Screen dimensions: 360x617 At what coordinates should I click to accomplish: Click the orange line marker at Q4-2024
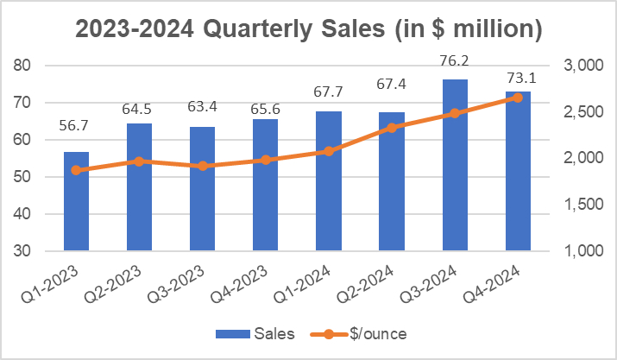(x=518, y=98)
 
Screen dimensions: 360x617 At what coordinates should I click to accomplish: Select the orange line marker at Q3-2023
(x=202, y=166)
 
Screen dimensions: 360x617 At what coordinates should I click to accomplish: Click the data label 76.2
(x=455, y=62)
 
